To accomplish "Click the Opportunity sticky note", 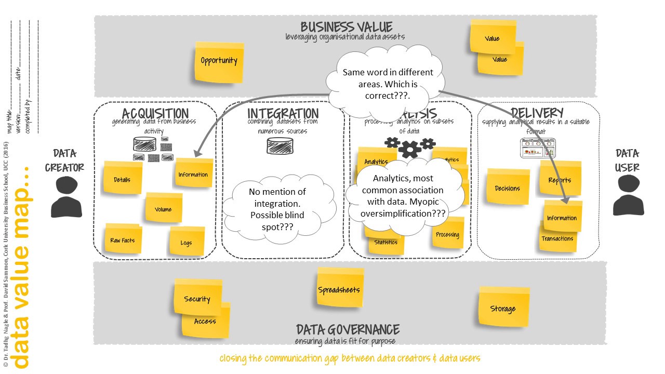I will tap(219, 61).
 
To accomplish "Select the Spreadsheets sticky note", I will tap(339, 289).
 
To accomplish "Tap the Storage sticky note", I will tap(503, 309).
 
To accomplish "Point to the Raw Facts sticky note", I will tap(123, 241).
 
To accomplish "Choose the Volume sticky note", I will tap(163, 209).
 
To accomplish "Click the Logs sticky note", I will tap(186, 243).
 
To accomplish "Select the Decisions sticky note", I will tap(508, 188).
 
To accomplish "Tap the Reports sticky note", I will tap(560, 180).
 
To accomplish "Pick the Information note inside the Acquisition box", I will tap(193, 175).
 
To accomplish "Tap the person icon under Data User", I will tap(628, 197).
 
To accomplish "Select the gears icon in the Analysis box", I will tap(410, 146).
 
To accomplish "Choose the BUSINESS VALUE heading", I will tap(347, 27).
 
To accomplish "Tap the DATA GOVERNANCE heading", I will tap(348, 329).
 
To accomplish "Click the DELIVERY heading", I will tap(537, 113).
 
